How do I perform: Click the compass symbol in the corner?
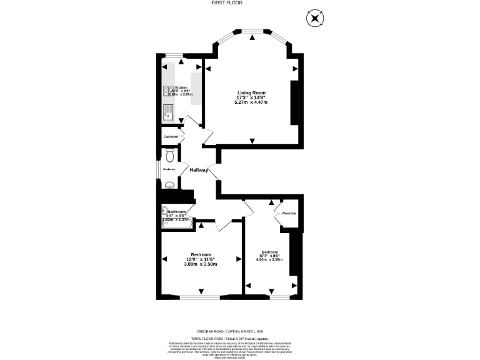click(314, 18)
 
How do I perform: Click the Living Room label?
click(251, 93)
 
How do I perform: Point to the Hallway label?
click(199, 170)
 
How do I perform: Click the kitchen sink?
click(167, 113)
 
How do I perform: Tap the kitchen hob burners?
click(168, 91)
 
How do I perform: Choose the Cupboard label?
click(171, 137)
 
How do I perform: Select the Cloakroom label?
click(169, 169)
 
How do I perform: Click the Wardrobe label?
click(289, 213)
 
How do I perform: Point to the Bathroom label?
click(177, 212)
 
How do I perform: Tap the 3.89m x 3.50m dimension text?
click(201, 264)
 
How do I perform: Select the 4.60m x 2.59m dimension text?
click(269, 259)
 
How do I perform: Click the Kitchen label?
click(181, 88)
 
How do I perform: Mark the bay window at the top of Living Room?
click(252, 31)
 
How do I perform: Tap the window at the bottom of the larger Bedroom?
click(201, 297)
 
